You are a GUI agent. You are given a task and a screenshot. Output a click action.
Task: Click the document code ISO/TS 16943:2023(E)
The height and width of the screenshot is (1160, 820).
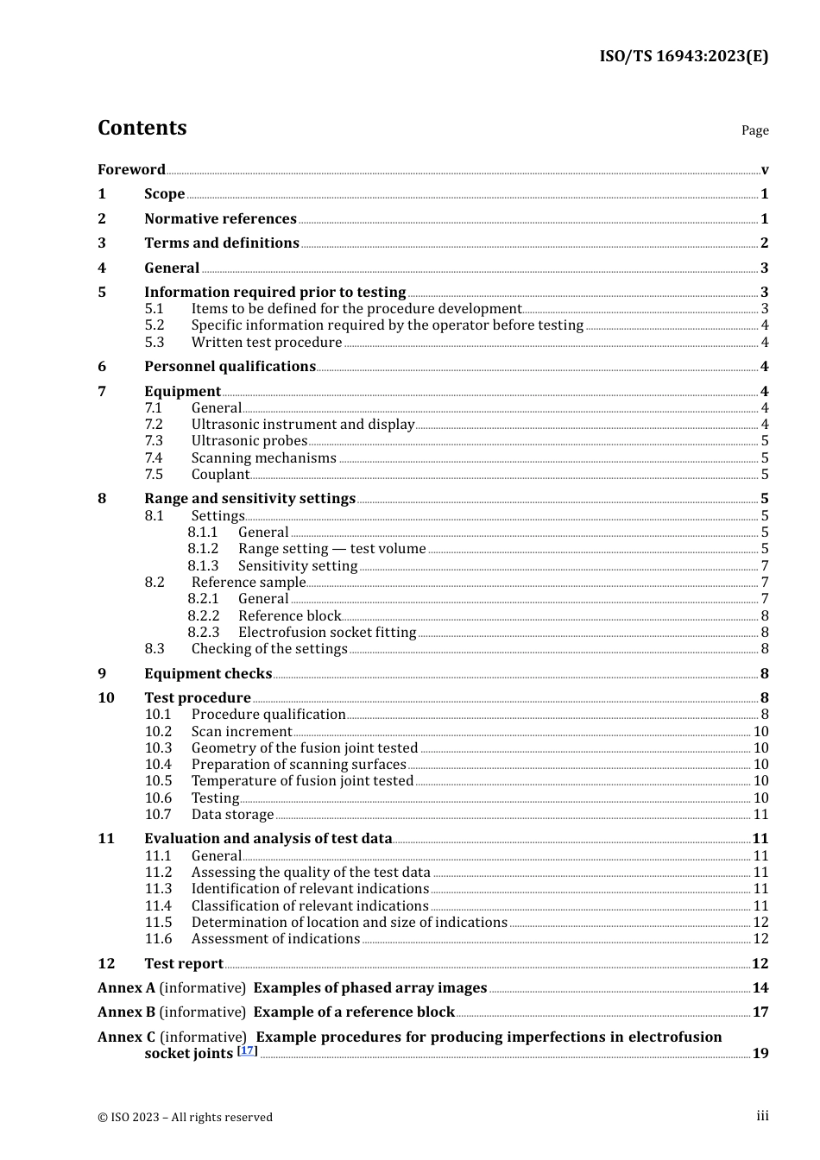coord(684,56)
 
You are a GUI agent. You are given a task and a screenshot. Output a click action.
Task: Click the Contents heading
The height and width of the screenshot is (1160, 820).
coord(142,128)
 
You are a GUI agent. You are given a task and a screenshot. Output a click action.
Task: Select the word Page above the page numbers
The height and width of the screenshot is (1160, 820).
coord(754,130)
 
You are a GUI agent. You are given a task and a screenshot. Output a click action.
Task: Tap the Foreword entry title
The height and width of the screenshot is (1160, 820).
coord(131,169)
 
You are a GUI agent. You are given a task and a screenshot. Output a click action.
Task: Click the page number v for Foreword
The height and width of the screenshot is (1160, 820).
coord(764,170)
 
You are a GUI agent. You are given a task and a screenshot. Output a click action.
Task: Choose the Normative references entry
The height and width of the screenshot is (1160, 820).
coord(220,219)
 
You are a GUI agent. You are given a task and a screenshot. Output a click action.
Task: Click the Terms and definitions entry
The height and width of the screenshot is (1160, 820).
coord(222,243)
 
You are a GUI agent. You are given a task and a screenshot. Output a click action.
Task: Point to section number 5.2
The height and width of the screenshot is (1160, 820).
coord(155,325)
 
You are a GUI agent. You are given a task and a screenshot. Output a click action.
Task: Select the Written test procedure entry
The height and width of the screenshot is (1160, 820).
coord(267,343)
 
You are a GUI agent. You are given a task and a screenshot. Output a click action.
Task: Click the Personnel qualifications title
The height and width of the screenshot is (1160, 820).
coord(230,367)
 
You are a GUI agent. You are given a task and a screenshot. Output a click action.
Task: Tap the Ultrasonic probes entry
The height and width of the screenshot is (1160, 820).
coord(249,441)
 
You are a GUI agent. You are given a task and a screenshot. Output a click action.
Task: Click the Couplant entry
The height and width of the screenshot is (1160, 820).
coord(220,475)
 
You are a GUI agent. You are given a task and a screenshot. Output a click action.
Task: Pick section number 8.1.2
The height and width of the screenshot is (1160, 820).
coord(203,549)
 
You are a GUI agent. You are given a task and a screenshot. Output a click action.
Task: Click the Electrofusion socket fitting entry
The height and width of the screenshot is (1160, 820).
coord(327,633)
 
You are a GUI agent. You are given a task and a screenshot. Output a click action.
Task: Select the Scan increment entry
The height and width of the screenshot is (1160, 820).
coord(242,732)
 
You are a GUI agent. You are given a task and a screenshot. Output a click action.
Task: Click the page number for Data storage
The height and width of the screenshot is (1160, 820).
coord(760,815)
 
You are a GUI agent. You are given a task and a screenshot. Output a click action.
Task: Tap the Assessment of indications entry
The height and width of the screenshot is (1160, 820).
coord(275,939)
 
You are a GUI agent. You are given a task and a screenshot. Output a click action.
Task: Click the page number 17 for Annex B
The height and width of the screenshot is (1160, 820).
coord(760,1012)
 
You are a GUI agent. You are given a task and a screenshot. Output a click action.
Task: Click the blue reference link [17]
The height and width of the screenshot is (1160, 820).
coord(248,1050)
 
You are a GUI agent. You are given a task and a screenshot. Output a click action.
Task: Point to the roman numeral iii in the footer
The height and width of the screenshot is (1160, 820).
coord(762,1116)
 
